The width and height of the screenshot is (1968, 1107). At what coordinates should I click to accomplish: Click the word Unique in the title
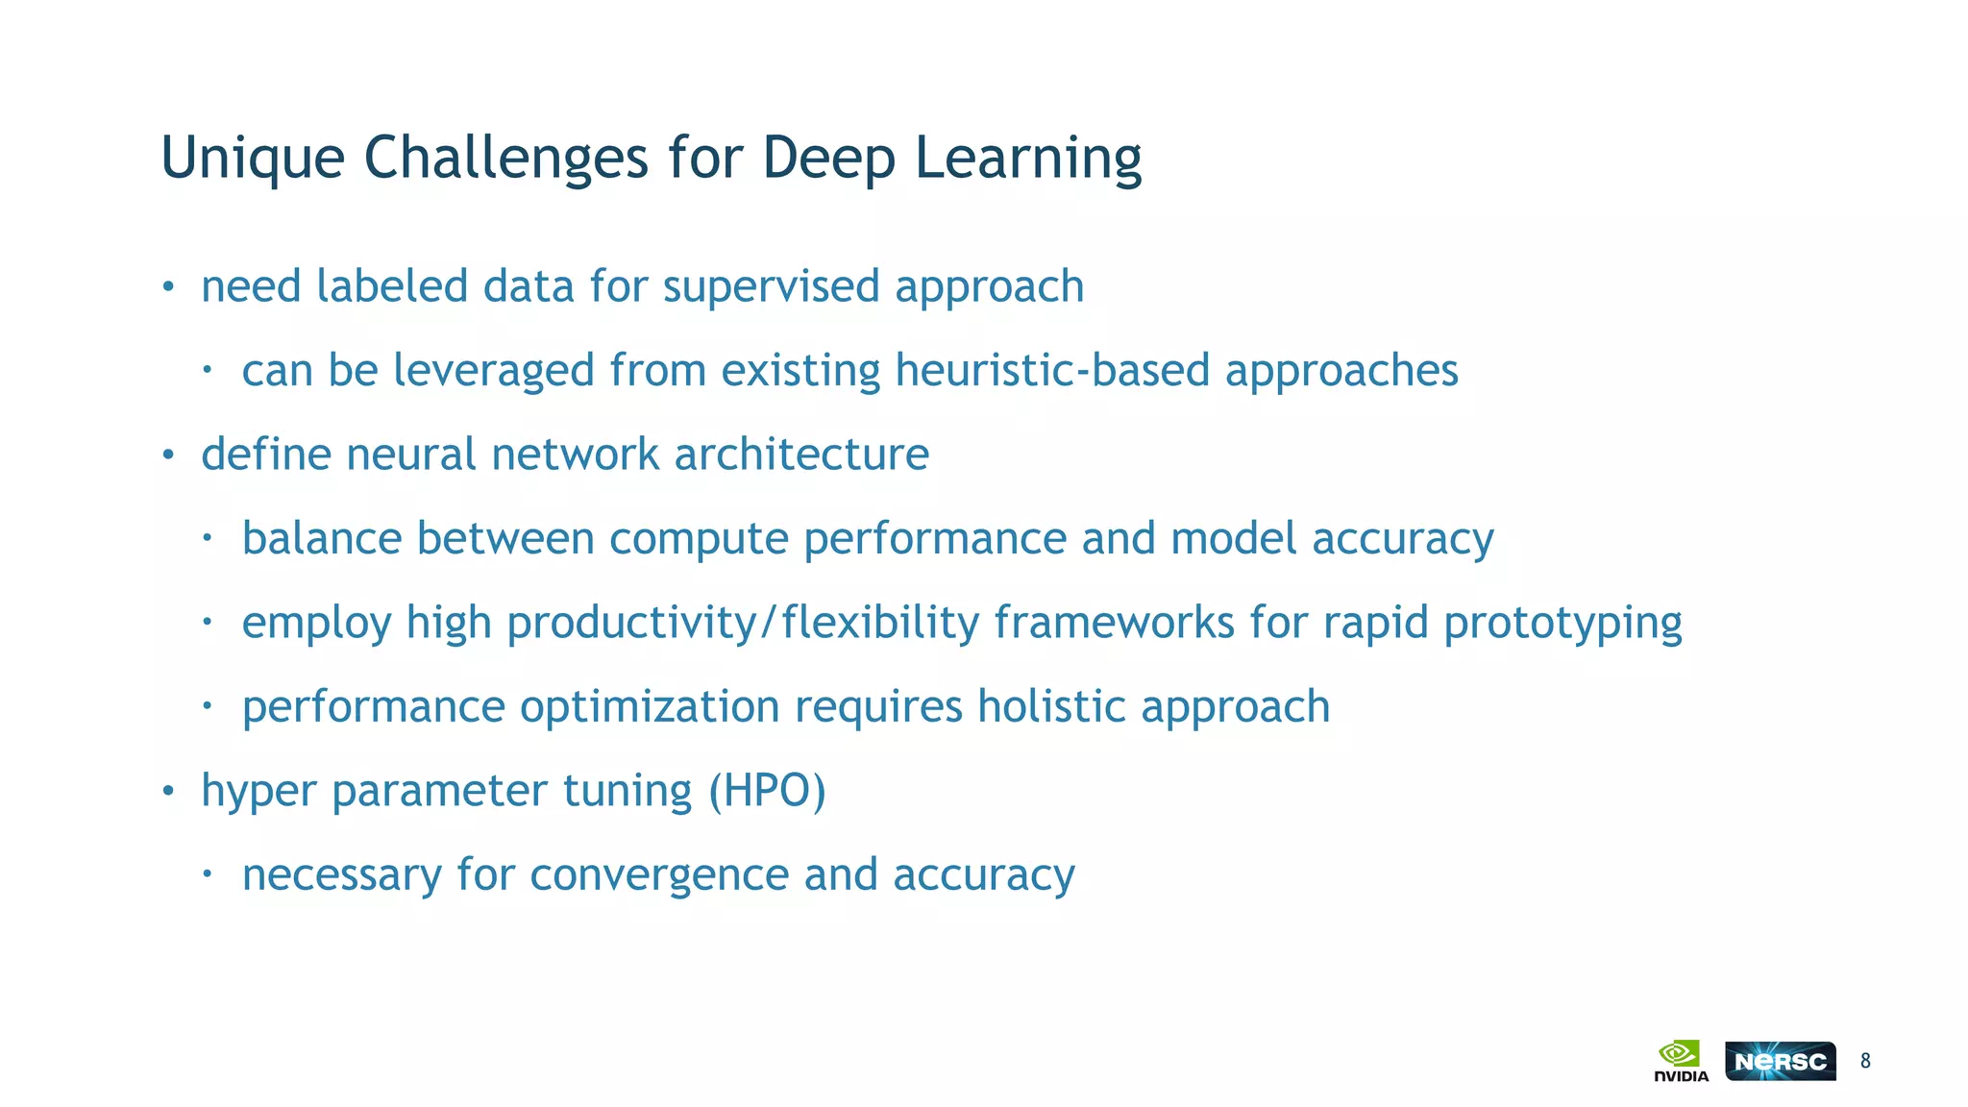click(x=252, y=159)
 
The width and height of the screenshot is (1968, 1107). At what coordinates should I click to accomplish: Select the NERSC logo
click(x=1780, y=1061)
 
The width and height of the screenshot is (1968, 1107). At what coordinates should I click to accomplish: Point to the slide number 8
click(x=1865, y=1061)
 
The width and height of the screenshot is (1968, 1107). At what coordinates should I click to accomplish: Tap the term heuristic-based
click(x=1052, y=370)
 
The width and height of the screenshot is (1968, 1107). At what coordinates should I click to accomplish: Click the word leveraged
click(x=494, y=370)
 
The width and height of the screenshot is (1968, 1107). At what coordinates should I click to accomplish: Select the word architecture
click(x=801, y=454)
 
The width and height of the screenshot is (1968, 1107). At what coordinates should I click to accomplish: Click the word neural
click(x=410, y=454)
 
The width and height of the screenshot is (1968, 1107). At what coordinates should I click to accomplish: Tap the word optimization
click(x=650, y=706)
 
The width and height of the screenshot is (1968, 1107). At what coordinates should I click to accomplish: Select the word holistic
click(x=1051, y=706)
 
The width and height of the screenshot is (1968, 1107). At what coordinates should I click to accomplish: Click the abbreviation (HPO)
click(x=766, y=791)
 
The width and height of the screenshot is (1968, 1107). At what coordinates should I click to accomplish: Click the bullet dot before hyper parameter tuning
click(x=168, y=792)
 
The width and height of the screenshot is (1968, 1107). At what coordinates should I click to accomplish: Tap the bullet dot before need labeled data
click(x=168, y=287)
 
